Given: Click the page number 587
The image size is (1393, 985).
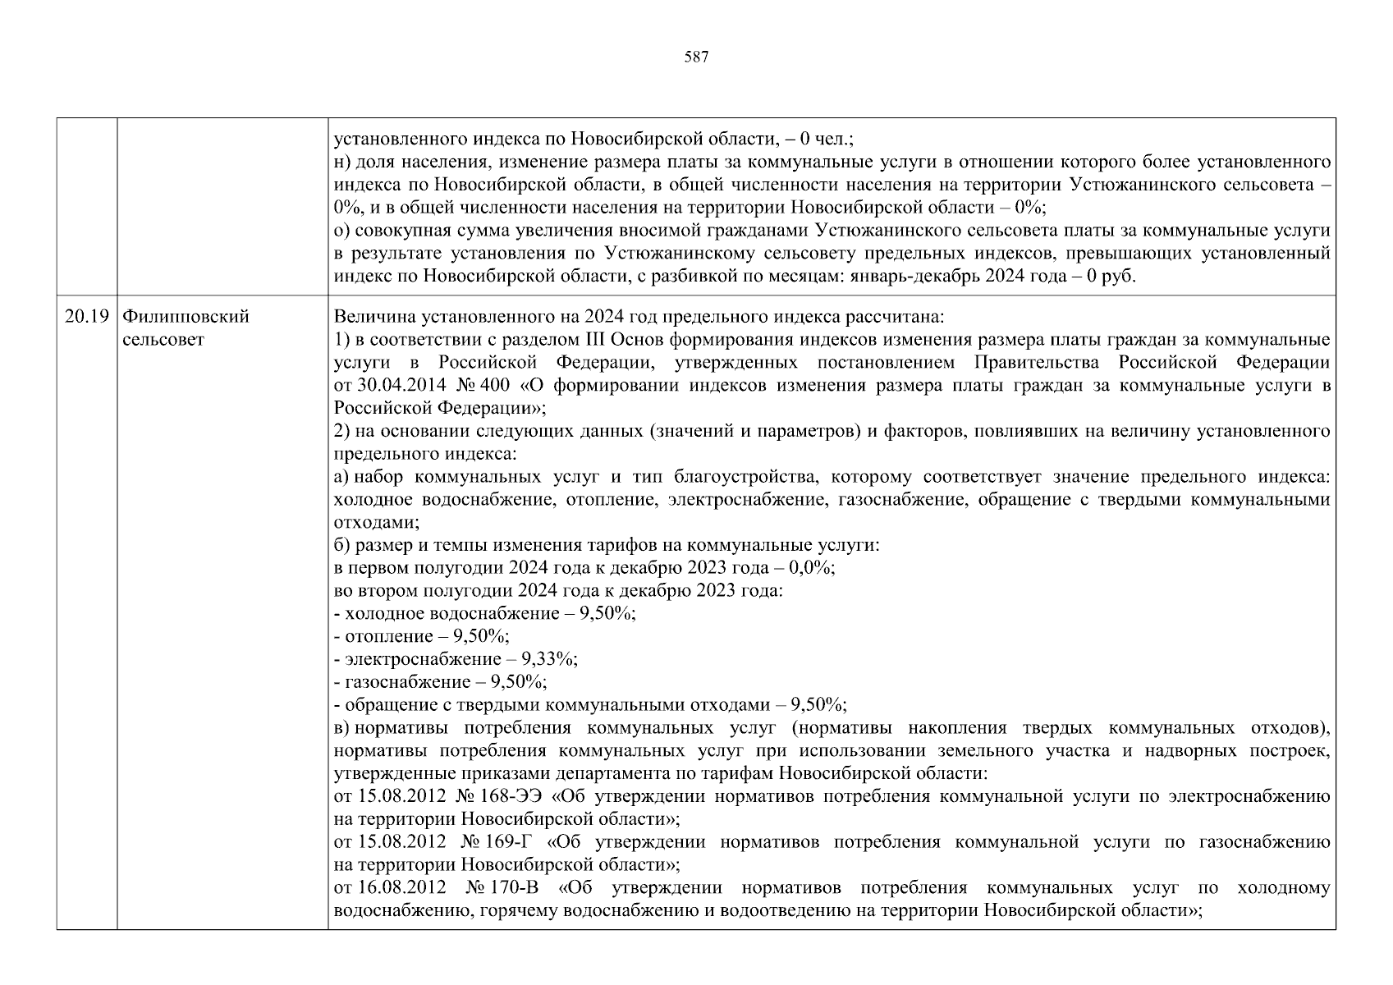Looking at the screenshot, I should [696, 57].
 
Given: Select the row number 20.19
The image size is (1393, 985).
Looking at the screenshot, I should [86, 317].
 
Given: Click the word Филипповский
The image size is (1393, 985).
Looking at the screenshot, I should [186, 317].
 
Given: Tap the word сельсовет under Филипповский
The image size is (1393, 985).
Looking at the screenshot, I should [163, 340].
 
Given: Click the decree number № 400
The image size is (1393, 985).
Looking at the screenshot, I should [487, 385].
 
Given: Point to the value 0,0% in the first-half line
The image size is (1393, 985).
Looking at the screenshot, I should [811, 568].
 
